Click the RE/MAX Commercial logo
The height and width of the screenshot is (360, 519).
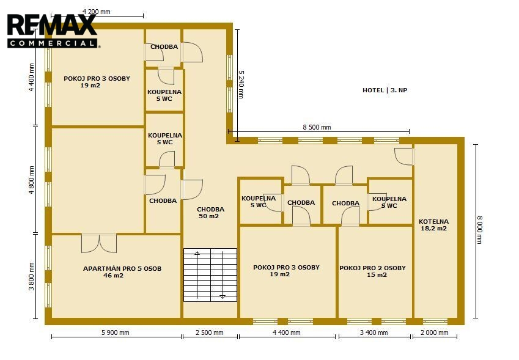53,31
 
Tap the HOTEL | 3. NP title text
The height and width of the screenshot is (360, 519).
385,90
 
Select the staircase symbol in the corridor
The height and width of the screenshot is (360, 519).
210,275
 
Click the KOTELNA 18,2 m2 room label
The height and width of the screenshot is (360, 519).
433,225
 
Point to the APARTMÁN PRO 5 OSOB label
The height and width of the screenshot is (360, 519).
122,268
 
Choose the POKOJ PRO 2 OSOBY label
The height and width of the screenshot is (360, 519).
372,268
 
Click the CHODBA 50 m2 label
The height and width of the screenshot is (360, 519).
210,213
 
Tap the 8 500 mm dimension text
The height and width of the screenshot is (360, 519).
317,127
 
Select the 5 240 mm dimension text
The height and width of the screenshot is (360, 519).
241,84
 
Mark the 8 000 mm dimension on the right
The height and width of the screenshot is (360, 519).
480,230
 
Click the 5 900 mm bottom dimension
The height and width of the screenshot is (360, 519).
115,332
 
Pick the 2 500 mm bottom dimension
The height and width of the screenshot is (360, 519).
210,332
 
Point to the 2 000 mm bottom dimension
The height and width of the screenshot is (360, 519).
434,332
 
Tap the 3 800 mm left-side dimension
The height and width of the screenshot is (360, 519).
31,276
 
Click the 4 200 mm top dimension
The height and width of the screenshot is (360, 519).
97,12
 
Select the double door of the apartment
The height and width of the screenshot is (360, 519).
99,243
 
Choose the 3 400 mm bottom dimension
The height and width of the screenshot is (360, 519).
374,332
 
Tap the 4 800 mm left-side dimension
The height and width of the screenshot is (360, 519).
31,180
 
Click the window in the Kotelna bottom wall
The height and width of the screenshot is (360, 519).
435,321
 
